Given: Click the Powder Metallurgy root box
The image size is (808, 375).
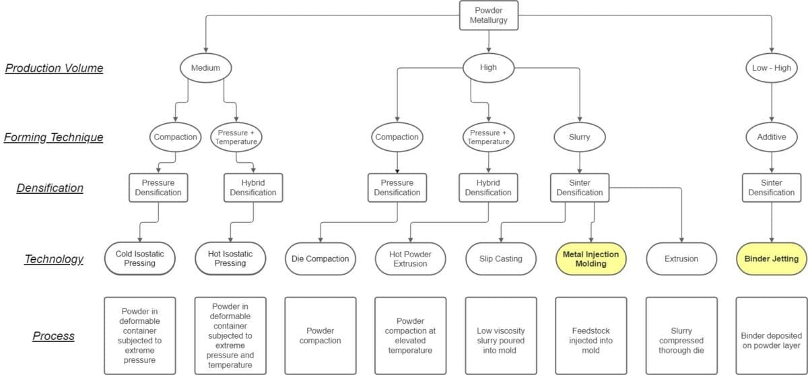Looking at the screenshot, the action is pos(489,15).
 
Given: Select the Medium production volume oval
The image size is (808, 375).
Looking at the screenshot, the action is pos(205,68).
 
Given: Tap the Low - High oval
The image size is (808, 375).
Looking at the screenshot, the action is pos(772,68).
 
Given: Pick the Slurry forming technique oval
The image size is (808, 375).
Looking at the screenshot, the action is pos(580,137).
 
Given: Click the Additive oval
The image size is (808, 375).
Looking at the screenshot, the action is pos(772,137).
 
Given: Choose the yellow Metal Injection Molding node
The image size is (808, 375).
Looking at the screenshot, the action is pos(591,259).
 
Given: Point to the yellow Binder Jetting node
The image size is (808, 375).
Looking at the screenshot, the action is pos(772,259).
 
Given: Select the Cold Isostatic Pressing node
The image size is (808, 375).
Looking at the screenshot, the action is pos(140,259).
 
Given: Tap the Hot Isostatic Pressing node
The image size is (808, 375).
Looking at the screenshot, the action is pos(230,259).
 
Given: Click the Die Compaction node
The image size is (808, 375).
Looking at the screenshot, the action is pos(321,259).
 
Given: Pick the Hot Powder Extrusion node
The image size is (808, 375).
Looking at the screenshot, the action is pos(411,259).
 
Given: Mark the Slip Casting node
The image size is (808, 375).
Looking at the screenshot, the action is pos(501,259).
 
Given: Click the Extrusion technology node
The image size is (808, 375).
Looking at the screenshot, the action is pos(681,259).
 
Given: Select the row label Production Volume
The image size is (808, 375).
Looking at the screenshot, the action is pos(54,68).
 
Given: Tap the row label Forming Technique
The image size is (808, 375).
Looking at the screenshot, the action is pos(53,137).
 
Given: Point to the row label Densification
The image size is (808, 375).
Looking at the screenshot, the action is pos(50,188).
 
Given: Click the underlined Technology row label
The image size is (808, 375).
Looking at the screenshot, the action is pos(54,259).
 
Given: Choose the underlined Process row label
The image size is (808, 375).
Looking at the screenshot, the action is pos(53,336).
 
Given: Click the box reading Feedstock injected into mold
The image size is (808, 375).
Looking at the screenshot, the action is pos(591,336).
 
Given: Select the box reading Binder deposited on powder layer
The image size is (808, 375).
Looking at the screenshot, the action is pos(772,336).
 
